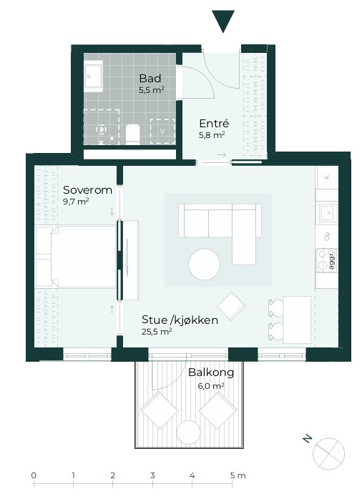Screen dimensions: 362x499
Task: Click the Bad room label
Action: click(x=150, y=79)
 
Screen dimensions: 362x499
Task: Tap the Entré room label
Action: click(x=214, y=123)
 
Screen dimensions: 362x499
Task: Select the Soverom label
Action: click(x=87, y=190)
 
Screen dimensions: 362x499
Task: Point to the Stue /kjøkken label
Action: click(x=180, y=320)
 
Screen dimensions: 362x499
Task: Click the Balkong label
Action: click(x=211, y=372)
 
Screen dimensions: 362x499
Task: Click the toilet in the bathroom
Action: click(x=133, y=134)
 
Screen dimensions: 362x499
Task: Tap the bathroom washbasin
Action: click(x=93, y=76)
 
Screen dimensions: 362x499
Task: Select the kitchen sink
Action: click(x=328, y=212)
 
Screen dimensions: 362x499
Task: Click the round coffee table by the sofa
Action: click(x=204, y=265)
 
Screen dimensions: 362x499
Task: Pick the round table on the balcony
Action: click(x=188, y=433)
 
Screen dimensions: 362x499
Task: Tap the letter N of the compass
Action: click(x=307, y=439)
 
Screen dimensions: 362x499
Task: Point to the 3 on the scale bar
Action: click(x=152, y=475)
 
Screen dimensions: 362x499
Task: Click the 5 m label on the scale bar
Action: click(x=238, y=475)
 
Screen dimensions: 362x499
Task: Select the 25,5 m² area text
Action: click(x=157, y=332)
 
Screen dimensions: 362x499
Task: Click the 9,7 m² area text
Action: click(x=76, y=202)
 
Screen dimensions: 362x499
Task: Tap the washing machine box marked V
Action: click(x=162, y=132)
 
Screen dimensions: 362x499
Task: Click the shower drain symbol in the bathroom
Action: click(x=102, y=129)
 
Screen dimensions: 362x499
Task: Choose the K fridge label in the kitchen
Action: click(x=327, y=177)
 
